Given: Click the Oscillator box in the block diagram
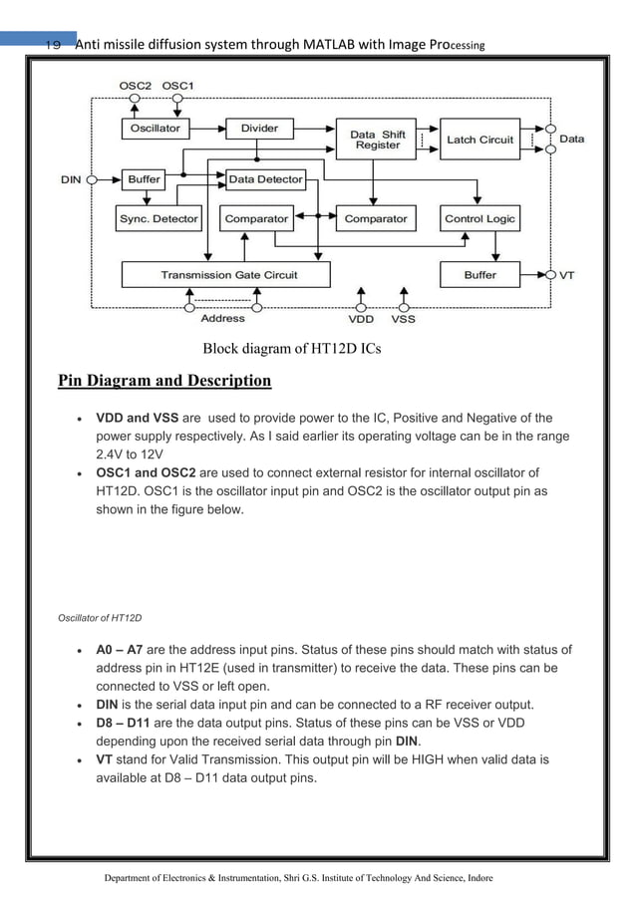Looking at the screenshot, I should tap(156, 129).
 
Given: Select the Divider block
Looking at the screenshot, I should tap(259, 129).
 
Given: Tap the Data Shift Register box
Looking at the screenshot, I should tap(378, 140).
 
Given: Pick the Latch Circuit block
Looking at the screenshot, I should tap(479, 140).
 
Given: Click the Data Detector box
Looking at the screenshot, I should tap(264, 179).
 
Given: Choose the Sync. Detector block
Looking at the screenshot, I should tap(159, 218).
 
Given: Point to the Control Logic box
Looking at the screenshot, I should tap(479, 218).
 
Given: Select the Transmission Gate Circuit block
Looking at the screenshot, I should tap(228, 274).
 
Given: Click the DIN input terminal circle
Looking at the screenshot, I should tap(92, 180).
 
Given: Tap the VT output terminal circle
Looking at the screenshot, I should tap(548, 274).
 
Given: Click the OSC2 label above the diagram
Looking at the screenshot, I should tap(135, 86).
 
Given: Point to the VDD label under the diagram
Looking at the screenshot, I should tap(361, 320).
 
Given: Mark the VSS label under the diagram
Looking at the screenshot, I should tap(403, 320).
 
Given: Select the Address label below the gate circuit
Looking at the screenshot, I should tap(222, 319).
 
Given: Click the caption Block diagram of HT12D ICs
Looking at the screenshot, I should tap(292, 349).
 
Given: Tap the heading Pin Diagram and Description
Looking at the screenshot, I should tap(164, 380).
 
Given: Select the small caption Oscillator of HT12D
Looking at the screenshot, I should tap(100, 619).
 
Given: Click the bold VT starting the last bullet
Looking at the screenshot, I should tap(105, 759).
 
